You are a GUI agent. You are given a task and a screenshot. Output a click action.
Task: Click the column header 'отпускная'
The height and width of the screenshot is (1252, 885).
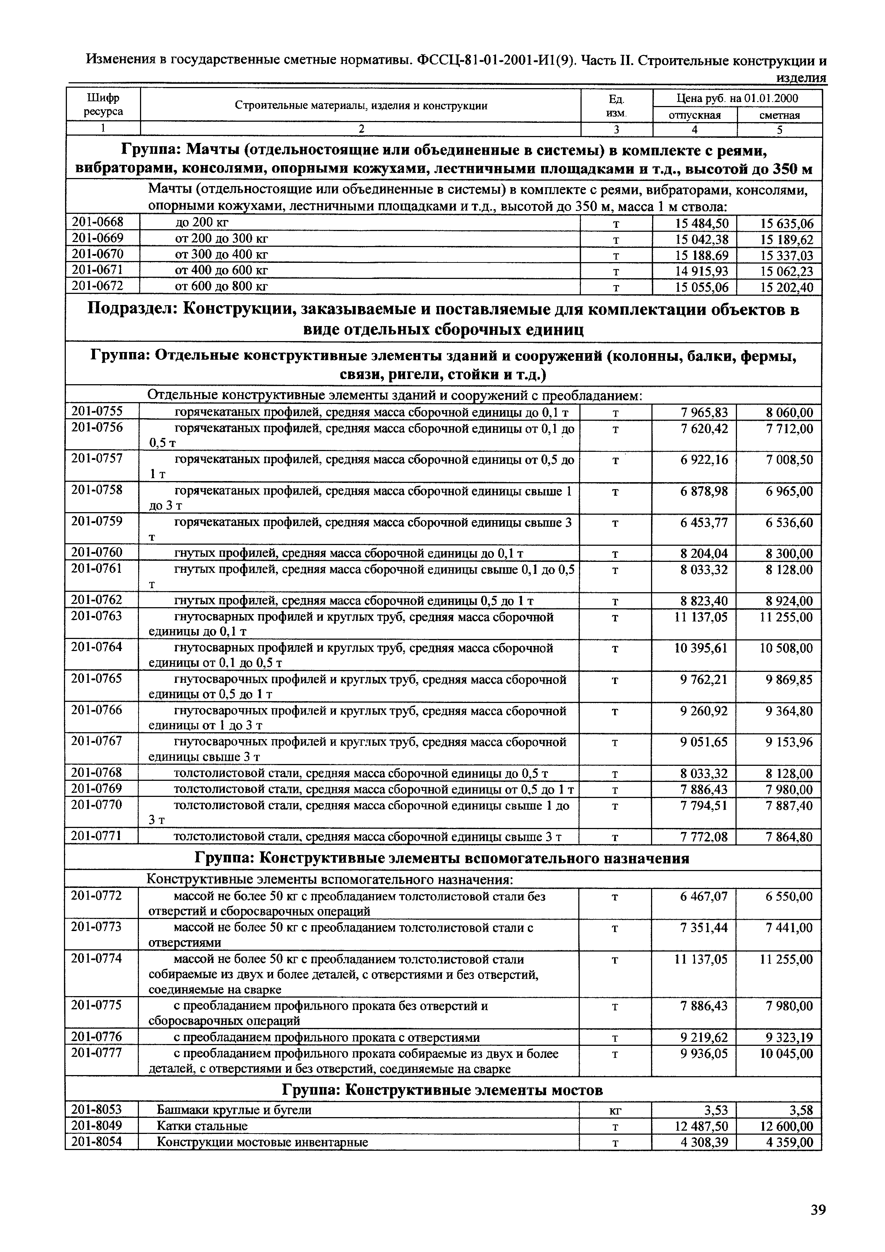[x=694, y=115]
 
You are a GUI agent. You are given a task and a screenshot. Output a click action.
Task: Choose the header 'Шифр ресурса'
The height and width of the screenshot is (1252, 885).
[x=103, y=105]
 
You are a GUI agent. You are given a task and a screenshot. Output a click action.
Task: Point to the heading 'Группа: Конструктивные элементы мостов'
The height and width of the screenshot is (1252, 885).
[x=442, y=1090]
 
